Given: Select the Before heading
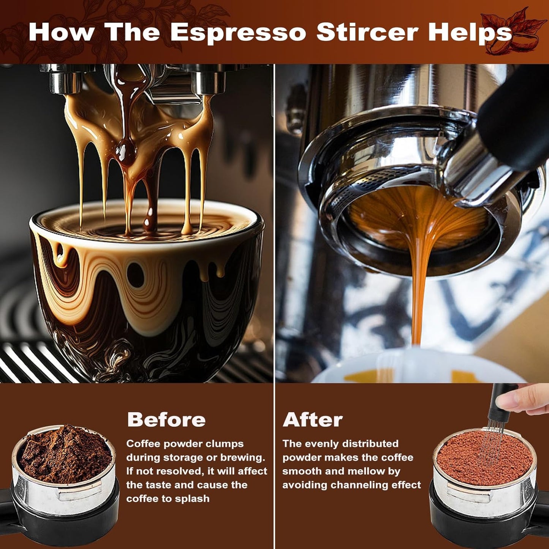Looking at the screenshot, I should point(166,420).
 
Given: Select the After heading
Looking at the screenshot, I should point(313,420).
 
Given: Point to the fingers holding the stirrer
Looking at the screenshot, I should point(524,399).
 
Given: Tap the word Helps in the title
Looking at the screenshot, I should point(470,33).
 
